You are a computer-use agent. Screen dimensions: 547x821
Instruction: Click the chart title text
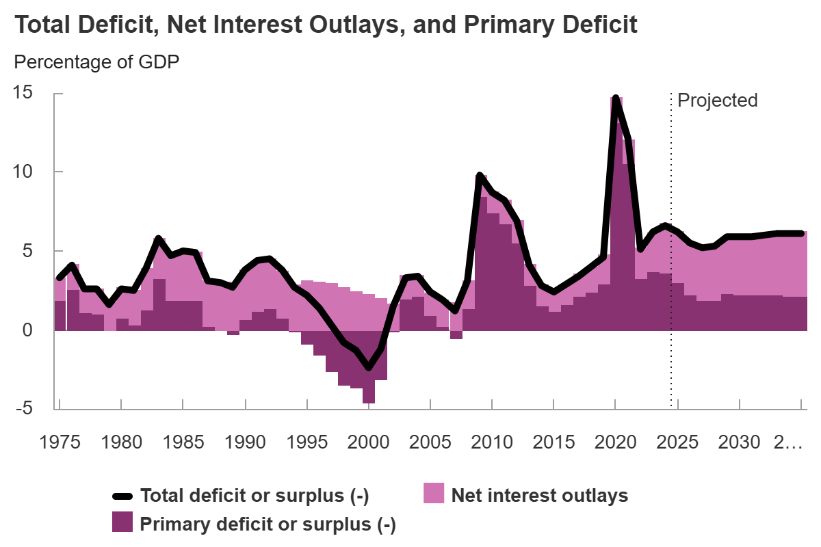click(x=326, y=25)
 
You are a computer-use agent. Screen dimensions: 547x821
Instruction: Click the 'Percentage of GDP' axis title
click(x=96, y=62)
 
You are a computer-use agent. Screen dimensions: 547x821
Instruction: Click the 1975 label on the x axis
click(x=60, y=442)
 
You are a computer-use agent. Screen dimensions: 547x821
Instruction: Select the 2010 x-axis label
click(x=492, y=442)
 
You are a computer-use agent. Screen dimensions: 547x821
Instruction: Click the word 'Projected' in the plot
click(x=717, y=101)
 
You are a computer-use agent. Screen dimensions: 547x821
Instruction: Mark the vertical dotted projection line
click(x=671, y=273)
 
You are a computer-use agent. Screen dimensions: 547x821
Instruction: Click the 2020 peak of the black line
click(x=616, y=98)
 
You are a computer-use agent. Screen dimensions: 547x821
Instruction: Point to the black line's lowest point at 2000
click(x=369, y=368)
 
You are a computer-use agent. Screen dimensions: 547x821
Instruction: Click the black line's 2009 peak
click(x=480, y=176)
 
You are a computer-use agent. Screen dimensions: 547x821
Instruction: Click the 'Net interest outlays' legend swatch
click(x=434, y=495)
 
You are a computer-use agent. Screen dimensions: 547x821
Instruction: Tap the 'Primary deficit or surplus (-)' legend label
click(x=268, y=524)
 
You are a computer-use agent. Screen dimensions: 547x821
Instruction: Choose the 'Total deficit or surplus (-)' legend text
click(x=254, y=496)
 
